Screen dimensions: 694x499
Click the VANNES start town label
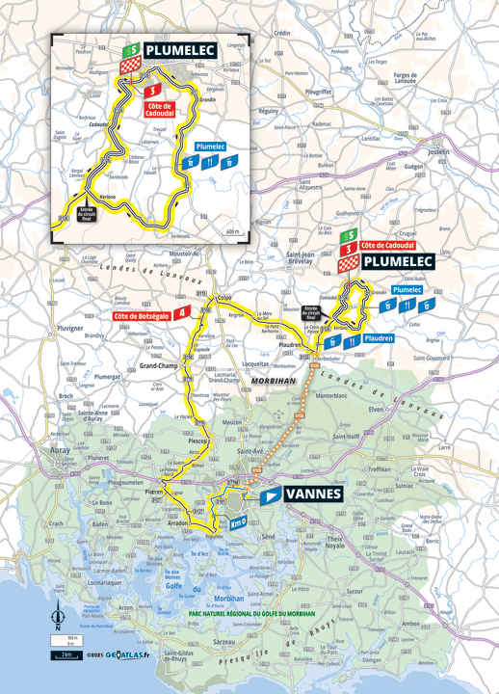314,494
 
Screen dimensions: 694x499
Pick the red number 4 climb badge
183,311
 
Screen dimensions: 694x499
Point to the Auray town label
60,449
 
